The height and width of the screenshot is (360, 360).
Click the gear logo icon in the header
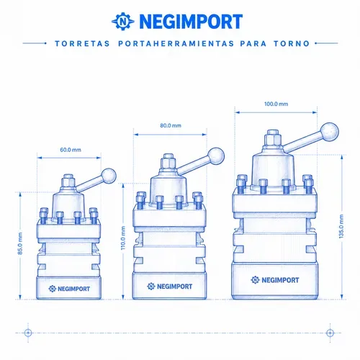coord(123,21)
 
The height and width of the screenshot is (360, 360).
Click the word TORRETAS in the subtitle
coord(82,44)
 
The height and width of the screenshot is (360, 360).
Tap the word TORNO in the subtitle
coord(292,44)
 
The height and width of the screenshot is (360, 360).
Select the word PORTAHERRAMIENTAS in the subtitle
coord(176,44)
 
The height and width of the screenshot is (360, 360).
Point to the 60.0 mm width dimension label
coord(71,150)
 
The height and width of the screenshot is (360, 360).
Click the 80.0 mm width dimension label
coord(171,125)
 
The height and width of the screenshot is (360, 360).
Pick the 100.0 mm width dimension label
coord(276,104)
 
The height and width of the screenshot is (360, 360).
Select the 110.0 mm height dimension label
coord(123,238)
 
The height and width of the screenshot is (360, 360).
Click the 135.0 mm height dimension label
coord(341,227)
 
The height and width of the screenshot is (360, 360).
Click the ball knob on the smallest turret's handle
coord(109,176)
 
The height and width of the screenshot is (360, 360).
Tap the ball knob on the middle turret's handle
coord(216,156)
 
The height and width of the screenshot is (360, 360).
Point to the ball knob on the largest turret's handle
coord(329,132)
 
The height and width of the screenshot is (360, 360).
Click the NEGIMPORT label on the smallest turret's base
coord(69,289)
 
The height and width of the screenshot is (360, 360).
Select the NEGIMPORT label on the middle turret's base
coord(170,287)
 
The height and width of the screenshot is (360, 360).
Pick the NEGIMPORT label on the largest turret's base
coord(275,280)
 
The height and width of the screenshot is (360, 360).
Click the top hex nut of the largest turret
coord(273,138)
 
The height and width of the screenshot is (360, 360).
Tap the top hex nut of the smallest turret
coord(68,181)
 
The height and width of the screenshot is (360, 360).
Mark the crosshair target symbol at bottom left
coord(28,333)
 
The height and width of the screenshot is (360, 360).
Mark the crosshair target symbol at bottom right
coord(330,333)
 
